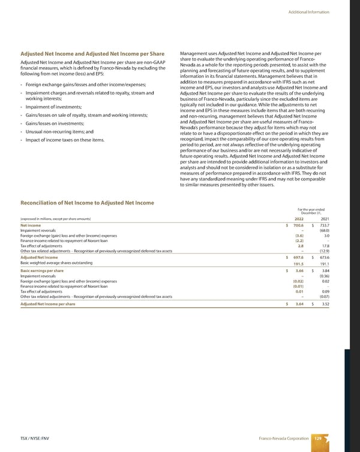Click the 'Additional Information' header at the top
(x=325, y=12)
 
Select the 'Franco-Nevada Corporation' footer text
(x=280, y=438)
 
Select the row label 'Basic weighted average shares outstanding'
(x=56, y=263)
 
